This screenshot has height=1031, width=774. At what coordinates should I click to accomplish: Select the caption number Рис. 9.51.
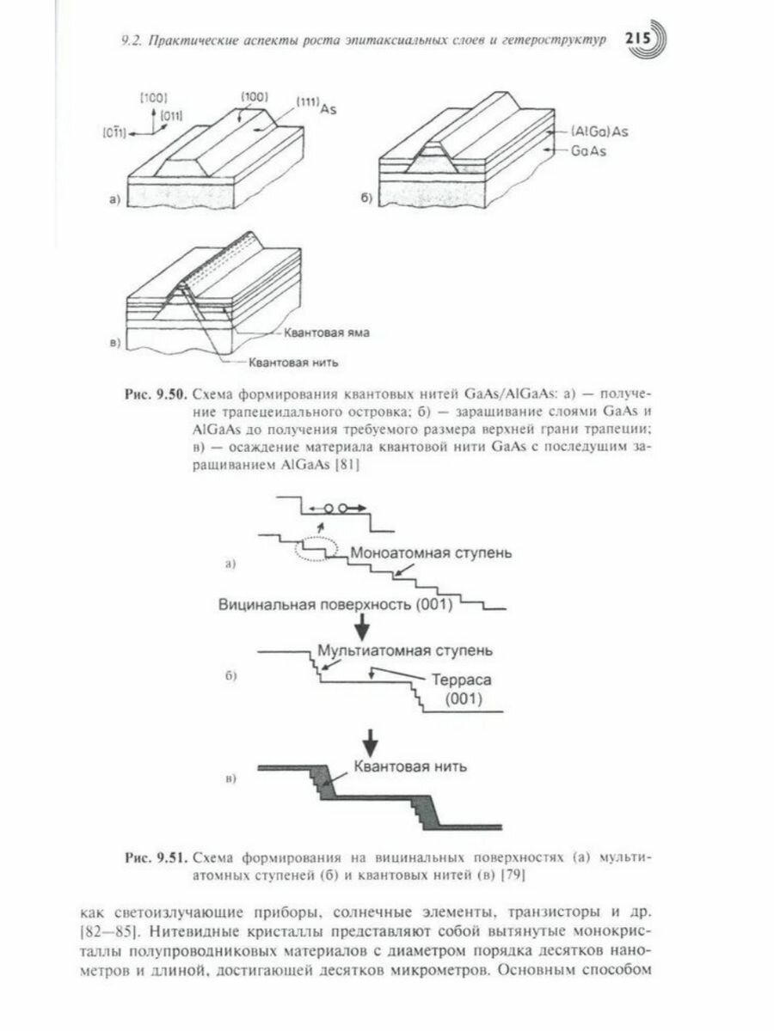pos(154,857)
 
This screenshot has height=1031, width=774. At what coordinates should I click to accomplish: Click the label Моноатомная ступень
pos(430,552)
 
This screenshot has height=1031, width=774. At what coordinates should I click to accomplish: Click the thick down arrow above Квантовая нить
pos(371,738)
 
